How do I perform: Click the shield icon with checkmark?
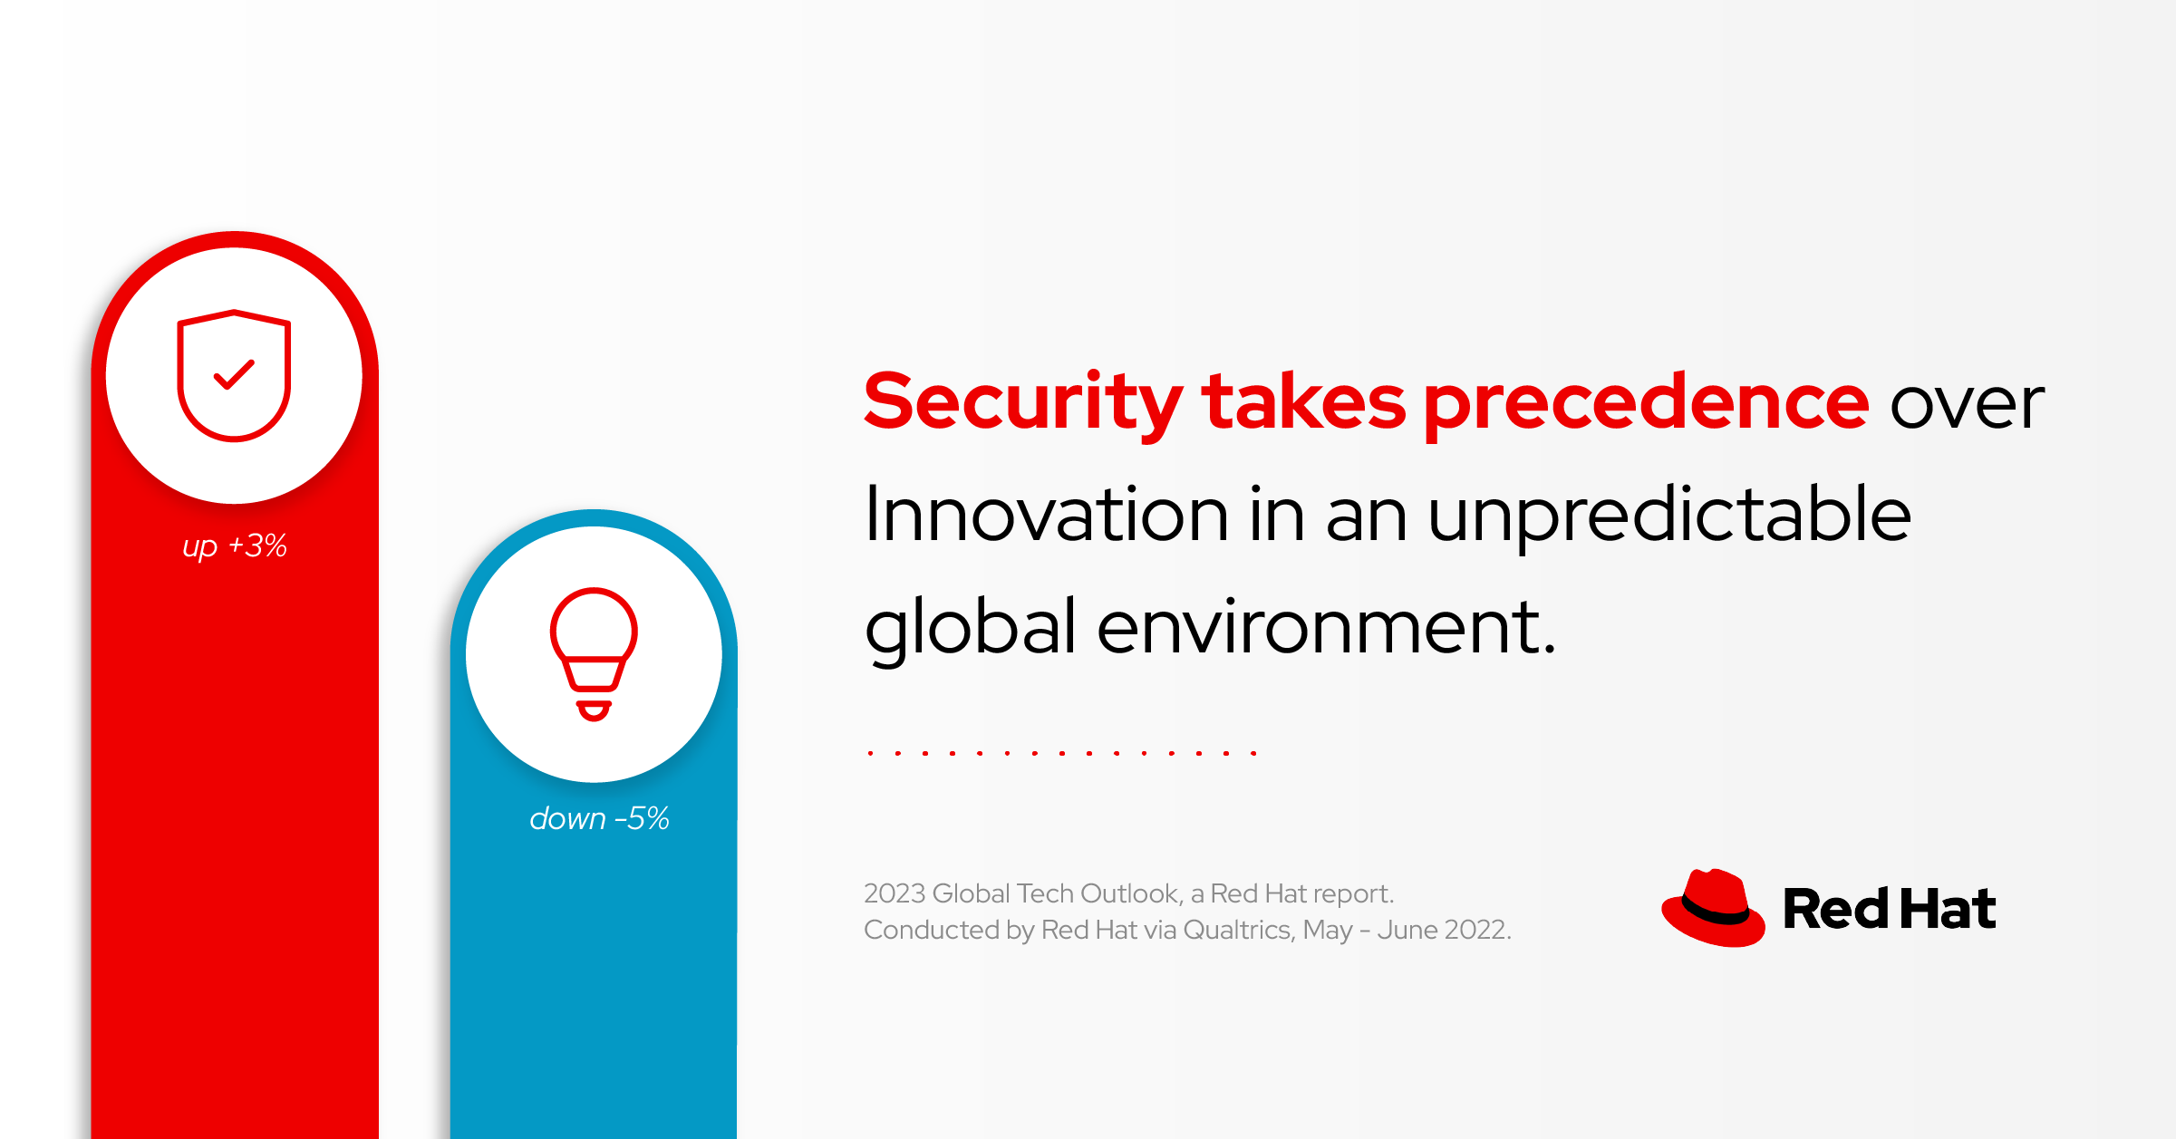pos(234,375)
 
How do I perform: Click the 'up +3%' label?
pos(235,545)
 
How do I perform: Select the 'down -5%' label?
pos(599,819)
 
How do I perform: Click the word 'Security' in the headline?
pos(1022,403)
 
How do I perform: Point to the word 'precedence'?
pos(1646,403)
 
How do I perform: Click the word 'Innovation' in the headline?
pos(1047,515)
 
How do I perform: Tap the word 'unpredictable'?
pos(1668,515)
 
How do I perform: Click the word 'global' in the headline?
pos(970,627)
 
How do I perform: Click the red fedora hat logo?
pos(1713,909)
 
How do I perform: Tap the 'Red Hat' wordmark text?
pos(1889,909)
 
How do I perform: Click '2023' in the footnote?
pos(894,893)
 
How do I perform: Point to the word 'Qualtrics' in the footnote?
pos(1237,930)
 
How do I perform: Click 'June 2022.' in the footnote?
pos(1445,930)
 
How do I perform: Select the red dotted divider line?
pos(1061,753)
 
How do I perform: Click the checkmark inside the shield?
pos(234,374)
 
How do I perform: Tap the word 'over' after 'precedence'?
pos(1967,403)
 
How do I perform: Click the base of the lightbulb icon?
pos(594,709)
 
